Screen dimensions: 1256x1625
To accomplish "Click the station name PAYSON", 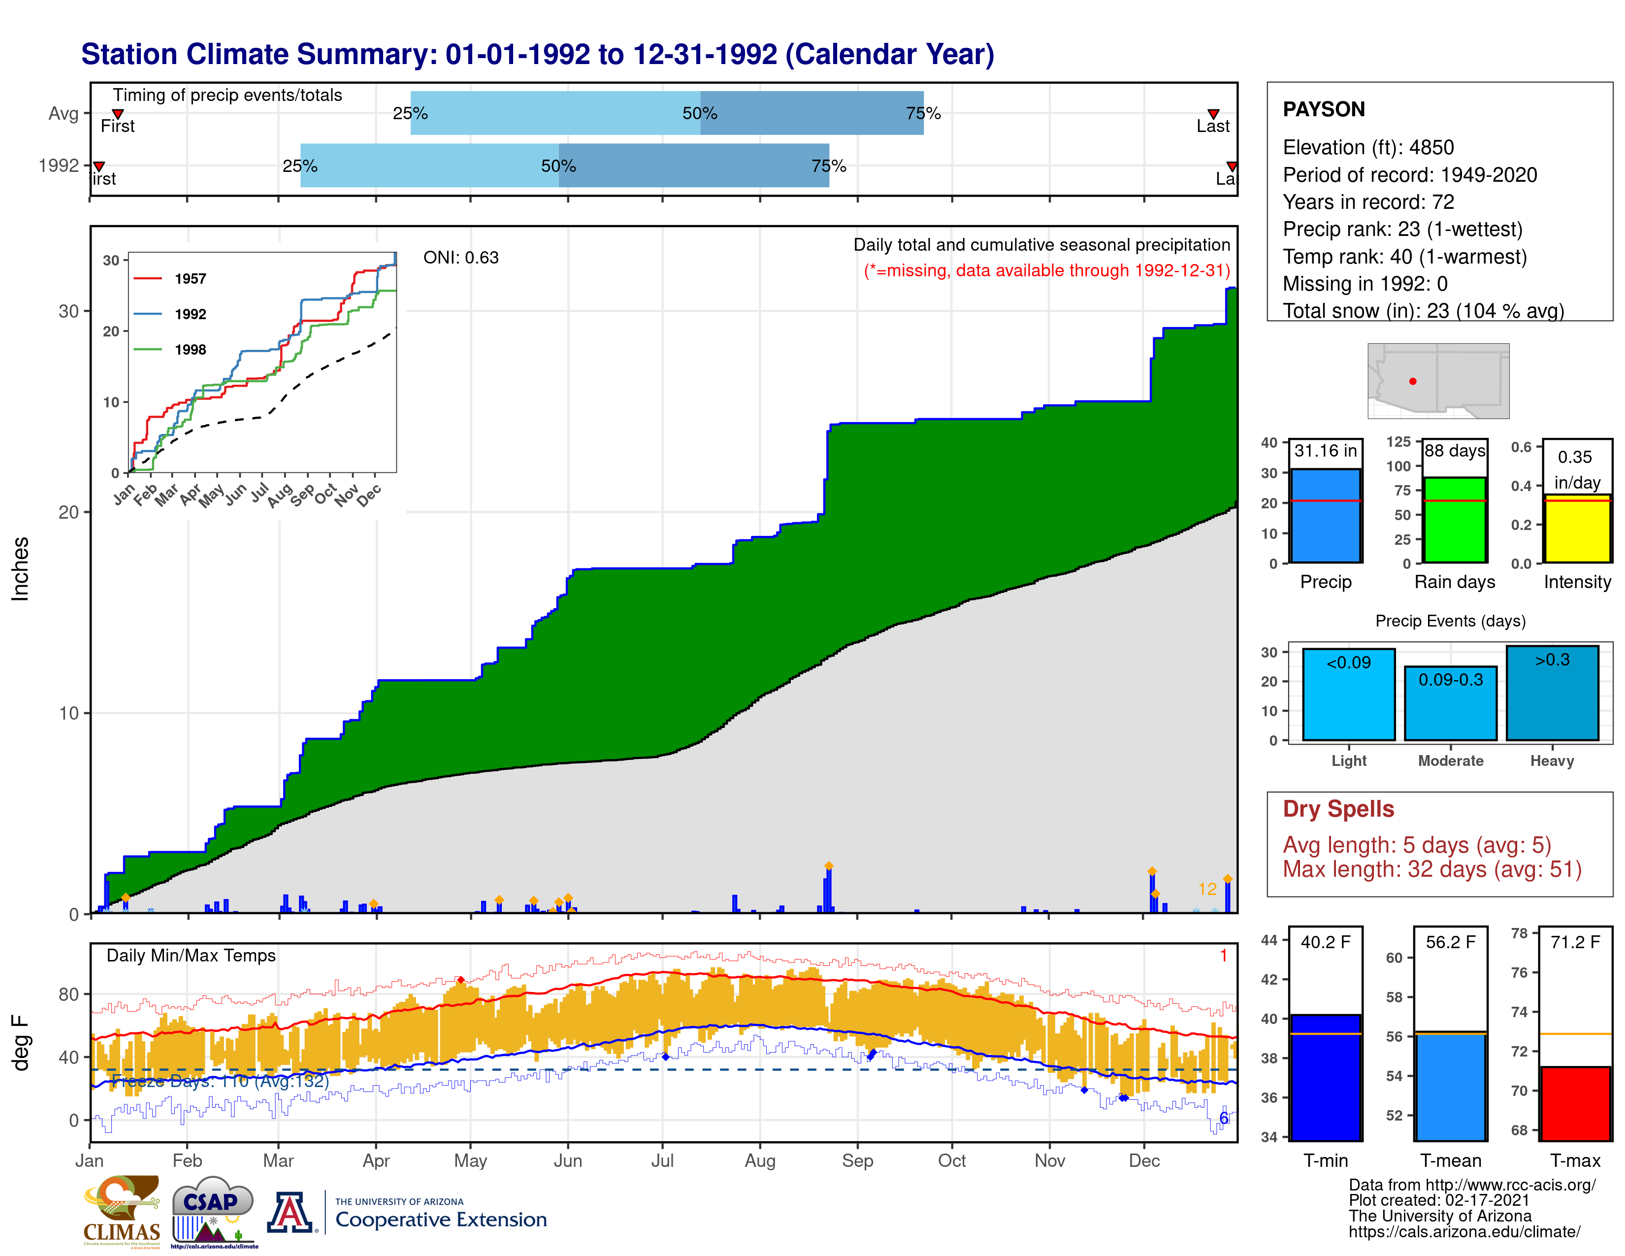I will (x=1323, y=109).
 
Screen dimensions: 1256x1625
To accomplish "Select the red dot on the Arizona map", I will (x=1412, y=381).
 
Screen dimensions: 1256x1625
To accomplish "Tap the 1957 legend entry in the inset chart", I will (x=190, y=278).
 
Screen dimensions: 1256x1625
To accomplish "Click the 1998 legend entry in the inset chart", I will (x=190, y=350).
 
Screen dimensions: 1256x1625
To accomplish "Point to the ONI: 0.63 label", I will (x=460, y=258).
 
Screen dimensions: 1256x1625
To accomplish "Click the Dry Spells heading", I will (x=1338, y=809).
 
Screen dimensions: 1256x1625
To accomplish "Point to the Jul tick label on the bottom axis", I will (x=662, y=1161).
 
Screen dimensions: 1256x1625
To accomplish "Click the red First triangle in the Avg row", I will (x=118, y=114).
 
